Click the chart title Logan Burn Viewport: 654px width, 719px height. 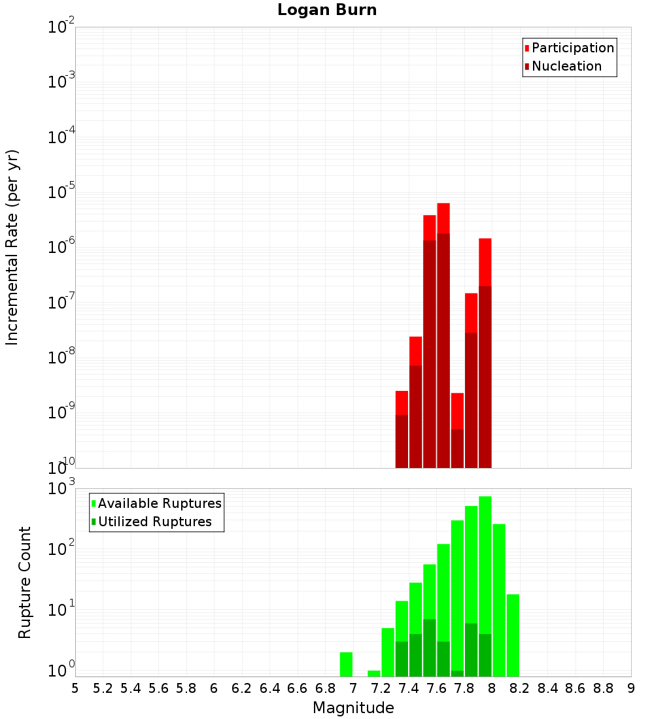(x=327, y=10)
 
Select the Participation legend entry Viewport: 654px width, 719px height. (x=572, y=48)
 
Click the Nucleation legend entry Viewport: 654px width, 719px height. (x=566, y=66)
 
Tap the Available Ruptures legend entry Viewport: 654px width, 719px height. (x=159, y=503)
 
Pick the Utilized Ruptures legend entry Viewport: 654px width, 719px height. (x=154, y=522)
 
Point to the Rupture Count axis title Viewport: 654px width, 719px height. (x=25, y=582)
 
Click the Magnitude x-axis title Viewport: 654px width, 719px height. (x=353, y=708)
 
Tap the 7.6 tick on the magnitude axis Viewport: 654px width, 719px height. (x=436, y=688)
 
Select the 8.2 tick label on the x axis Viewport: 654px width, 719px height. (x=520, y=688)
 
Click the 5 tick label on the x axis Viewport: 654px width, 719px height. (x=75, y=688)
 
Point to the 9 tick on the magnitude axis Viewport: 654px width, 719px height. (x=631, y=688)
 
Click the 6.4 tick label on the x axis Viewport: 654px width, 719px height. (x=269, y=688)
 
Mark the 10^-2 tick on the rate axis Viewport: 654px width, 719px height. (x=61, y=27)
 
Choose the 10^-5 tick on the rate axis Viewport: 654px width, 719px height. (x=61, y=192)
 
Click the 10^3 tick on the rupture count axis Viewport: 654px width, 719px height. (x=61, y=489)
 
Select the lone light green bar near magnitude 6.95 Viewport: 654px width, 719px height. (x=346, y=664)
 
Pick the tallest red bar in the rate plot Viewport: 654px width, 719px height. (x=443, y=218)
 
